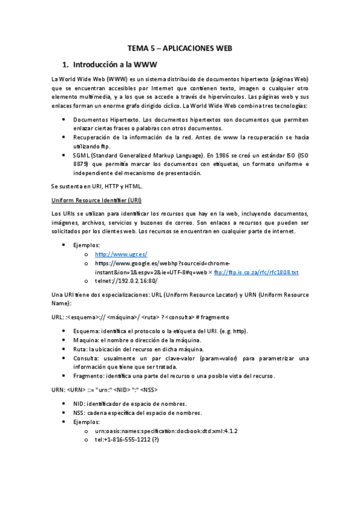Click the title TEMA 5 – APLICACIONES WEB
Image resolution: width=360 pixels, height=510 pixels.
(180, 48)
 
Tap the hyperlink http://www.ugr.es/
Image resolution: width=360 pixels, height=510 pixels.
(121, 254)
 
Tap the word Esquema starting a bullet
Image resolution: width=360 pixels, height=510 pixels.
(87, 331)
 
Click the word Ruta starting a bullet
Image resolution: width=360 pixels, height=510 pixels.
(80, 349)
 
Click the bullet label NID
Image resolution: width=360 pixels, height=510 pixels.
(79, 404)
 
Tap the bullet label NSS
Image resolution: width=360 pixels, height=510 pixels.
(79, 413)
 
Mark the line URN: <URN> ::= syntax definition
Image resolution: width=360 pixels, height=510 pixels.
(106, 390)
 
